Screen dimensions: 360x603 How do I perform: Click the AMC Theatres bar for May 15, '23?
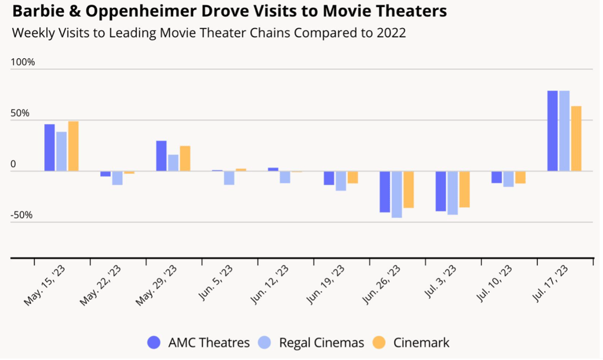(x=50, y=147)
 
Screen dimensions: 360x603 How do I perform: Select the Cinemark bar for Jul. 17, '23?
(x=576, y=138)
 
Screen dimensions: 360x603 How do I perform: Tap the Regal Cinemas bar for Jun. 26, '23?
(x=397, y=194)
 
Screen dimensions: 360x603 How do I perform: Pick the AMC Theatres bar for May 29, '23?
(x=162, y=156)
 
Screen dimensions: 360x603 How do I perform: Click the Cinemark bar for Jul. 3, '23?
(x=465, y=189)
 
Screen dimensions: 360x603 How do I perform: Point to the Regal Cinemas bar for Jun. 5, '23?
(x=229, y=178)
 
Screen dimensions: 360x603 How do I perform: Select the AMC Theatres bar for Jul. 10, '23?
(x=497, y=177)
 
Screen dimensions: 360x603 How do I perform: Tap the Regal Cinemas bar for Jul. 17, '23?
(x=564, y=131)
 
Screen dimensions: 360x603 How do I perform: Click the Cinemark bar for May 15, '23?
(x=73, y=146)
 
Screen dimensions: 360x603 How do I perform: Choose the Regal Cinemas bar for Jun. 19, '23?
(x=341, y=181)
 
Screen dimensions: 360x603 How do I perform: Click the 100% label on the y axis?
(x=23, y=62)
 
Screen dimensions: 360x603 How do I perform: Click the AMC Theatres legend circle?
(x=154, y=343)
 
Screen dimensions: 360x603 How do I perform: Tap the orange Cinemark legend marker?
(x=380, y=343)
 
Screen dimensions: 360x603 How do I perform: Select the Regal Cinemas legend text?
(x=321, y=343)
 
